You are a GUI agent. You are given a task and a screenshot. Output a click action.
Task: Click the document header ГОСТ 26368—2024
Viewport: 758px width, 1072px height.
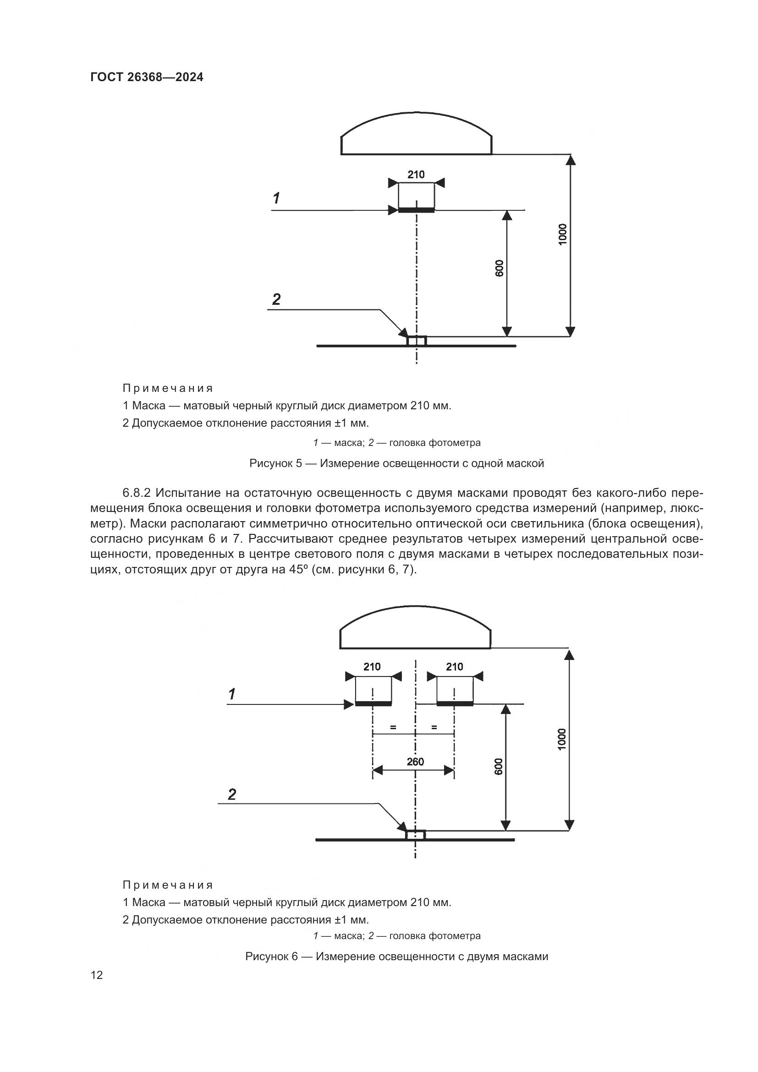(147, 77)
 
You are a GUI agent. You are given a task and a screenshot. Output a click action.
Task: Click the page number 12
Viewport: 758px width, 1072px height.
(97, 975)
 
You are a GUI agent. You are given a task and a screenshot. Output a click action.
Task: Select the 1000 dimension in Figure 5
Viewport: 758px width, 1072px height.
(562, 233)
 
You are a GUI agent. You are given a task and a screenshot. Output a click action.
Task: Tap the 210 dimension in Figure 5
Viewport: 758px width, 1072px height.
(416, 175)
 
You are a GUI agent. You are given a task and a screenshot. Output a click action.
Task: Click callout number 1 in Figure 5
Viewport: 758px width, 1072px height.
(276, 198)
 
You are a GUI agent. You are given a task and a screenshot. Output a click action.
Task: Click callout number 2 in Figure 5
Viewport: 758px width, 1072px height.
(276, 300)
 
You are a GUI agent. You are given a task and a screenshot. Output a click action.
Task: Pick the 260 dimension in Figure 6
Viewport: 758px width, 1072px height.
(415, 762)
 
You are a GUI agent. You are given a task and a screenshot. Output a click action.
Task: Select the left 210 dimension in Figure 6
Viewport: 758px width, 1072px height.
(372, 667)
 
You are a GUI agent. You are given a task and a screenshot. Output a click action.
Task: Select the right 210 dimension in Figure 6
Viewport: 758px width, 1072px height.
(454, 667)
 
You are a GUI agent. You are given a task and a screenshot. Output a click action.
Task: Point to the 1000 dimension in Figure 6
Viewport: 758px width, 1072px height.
(561, 739)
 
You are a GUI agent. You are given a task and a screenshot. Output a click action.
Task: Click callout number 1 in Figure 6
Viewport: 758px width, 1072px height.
(232, 694)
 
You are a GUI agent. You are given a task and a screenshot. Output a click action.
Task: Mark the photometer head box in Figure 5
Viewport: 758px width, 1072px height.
(416, 341)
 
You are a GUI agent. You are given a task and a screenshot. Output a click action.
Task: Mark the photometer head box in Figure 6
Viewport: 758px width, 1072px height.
(415, 835)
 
